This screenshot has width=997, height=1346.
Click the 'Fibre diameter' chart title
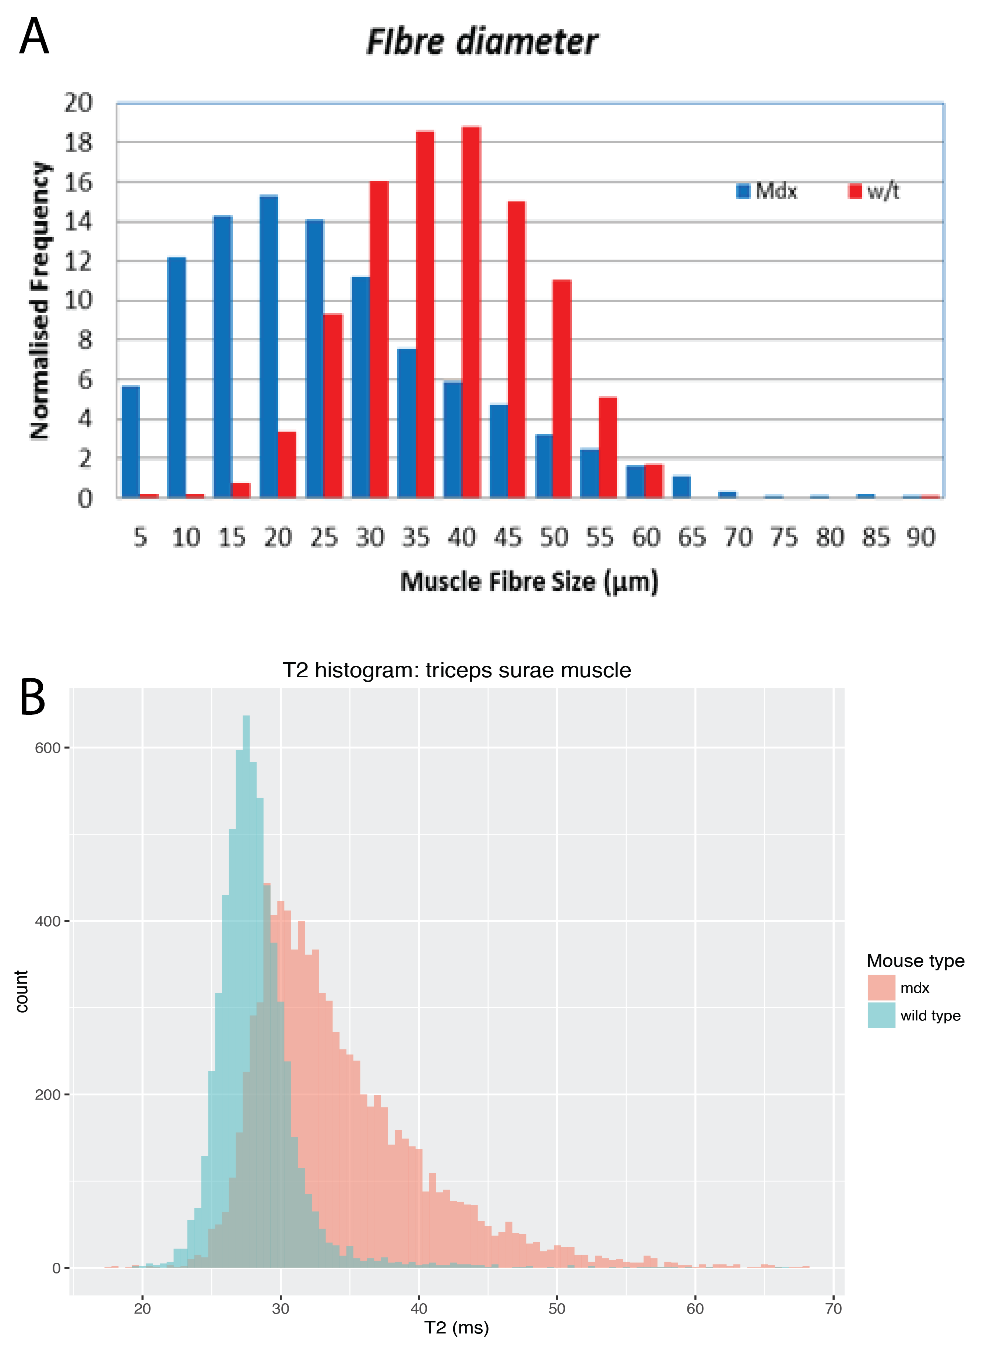click(482, 42)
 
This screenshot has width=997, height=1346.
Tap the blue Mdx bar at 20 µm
click(268, 347)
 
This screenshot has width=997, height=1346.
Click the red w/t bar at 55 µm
click(608, 447)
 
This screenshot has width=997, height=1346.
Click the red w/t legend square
click(855, 191)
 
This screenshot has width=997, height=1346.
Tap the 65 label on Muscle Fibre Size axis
click(692, 537)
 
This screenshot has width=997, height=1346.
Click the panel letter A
click(34, 36)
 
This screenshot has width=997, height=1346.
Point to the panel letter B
click(33, 697)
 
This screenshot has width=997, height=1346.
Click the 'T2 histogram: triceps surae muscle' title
click(457, 670)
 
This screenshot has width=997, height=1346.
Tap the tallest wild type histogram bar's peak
click(246, 717)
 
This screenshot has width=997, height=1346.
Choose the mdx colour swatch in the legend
click(881, 987)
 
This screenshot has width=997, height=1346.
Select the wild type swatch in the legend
click(881, 1015)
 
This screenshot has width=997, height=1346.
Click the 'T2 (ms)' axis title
click(456, 1327)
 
